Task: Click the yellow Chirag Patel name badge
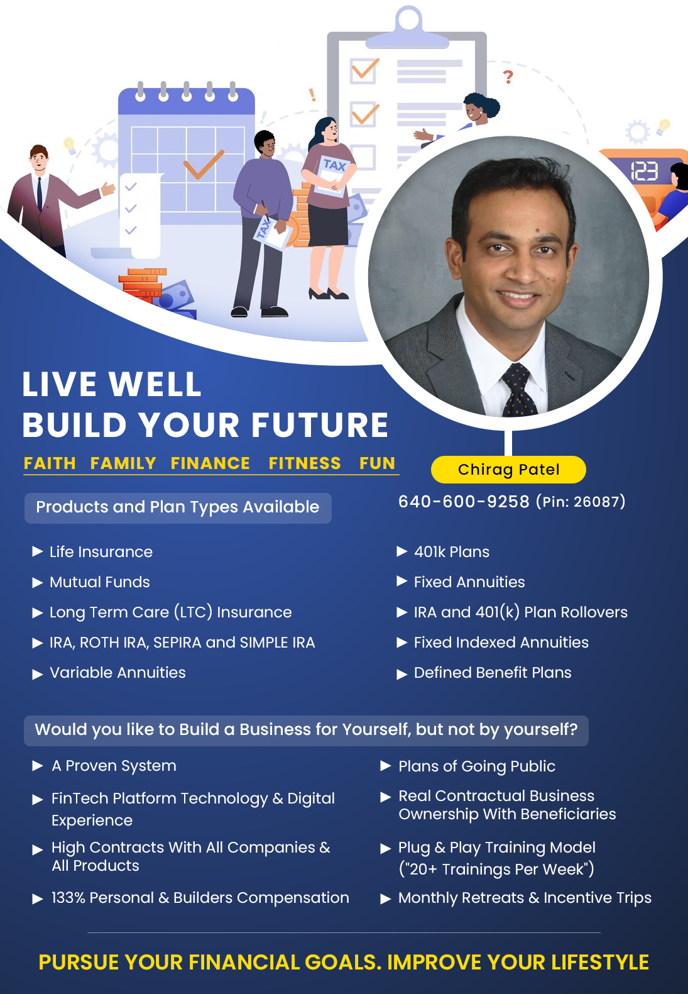pos(508,470)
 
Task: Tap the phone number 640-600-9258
pos(464,502)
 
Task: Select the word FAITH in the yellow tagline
pos(50,463)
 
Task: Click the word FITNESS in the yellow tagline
pos(305,463)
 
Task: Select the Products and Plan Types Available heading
pos(178,507)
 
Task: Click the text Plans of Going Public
pos(477,766)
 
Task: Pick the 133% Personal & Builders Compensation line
pos(200,897)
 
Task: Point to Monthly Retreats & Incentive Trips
pos(525,897)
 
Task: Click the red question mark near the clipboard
pos(508,77)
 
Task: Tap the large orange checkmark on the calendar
pos(204,163)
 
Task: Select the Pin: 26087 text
pos(581,502)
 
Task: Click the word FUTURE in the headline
pos(320,424)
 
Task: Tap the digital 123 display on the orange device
pos(644,171)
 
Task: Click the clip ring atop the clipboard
pos(408,19)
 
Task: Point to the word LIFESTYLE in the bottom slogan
pos(600,962)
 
